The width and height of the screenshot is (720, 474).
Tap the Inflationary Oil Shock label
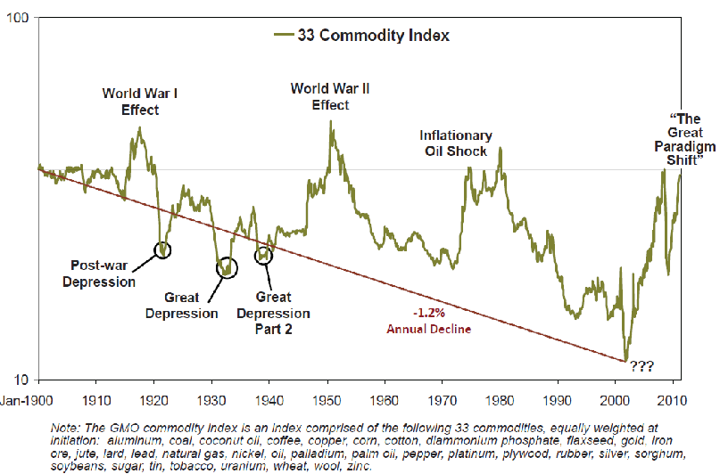coord(456,143)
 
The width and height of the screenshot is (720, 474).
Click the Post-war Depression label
coord(103,274)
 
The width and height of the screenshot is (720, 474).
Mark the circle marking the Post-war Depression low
coord(162,249)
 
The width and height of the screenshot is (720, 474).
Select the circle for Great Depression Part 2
coord(263,255)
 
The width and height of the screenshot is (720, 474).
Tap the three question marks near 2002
coord(642,366)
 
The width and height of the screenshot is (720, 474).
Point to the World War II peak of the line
coord(332,121)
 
